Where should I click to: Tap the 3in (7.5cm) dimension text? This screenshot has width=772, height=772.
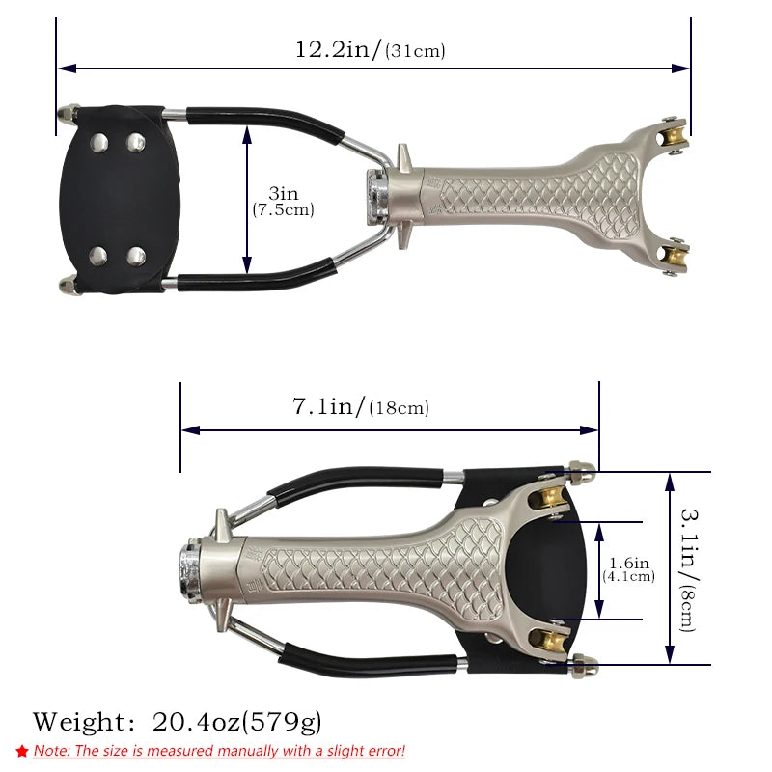pyautogui.click(x=283, y=202)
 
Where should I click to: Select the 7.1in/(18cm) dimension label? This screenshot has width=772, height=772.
pyautogui.click(x=360, y=407)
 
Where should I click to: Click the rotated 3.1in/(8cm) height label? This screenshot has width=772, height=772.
pyautogui.click(x=688, y=569)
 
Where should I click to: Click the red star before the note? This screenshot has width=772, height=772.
pyautogui.click(x=22, y=751)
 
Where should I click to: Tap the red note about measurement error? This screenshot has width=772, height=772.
pyautogui.click(x=219, y=751)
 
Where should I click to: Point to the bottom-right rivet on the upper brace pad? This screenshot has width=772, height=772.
pyautogui.click(x=136, y=256)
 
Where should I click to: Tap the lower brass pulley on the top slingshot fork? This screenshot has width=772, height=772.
pyautogui.click(x=674, y=256)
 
